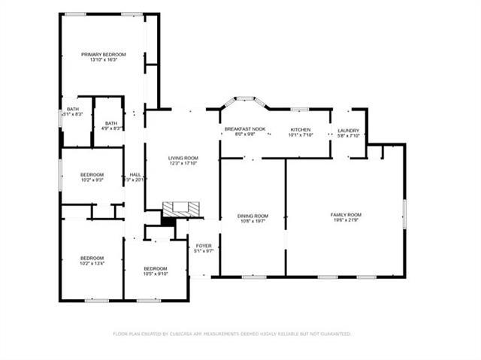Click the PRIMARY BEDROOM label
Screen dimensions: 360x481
[x=103, y=54]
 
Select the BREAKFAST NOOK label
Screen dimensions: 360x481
[x=245, y=129]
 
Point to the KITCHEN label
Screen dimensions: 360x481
[x=301, y=129]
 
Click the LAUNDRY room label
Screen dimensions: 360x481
[x=348, y=129]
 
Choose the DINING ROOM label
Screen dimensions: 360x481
[x=253, y=216]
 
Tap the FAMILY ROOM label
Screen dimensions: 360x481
[x=346, y=215]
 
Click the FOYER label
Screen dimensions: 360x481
[x=204, y=246]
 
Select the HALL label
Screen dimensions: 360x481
[x=135, y=174]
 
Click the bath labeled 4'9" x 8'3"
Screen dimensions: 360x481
[x=110, y=123]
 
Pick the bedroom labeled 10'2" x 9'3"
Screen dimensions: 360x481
[x=92, y=174]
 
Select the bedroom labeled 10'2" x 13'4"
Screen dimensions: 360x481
[x=92, y=258]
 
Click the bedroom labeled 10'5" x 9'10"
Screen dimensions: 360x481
[x=156, y=268]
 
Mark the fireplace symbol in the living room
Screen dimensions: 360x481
[x=183, y=207]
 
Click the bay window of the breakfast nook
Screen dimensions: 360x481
[x=242, y=98]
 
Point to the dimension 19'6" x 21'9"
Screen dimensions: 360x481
[x=346, y=221]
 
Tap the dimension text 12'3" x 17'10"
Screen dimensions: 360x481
[x=183, y=163]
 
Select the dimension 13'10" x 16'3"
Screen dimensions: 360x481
[x=103, y=60]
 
